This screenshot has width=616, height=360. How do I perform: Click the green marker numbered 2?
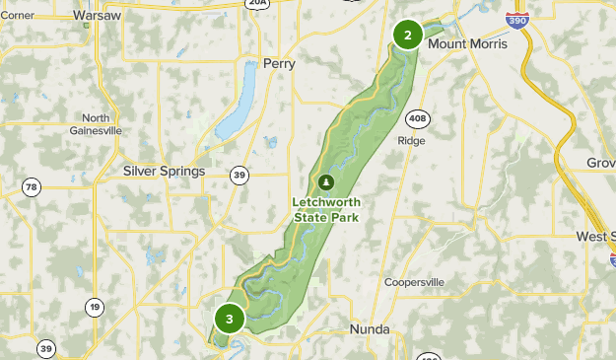click(x=407, y=35)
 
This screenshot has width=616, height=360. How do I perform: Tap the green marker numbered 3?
click(x=230, y=319)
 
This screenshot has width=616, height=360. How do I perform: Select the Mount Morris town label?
click(x=468, y=44)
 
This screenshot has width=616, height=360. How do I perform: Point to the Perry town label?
click(x=279, y=64)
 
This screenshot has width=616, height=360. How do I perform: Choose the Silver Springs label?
click(x=164, y=171)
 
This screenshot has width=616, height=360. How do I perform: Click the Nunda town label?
click(x=370, y=328)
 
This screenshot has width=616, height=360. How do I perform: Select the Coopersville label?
click(x=414, y=282)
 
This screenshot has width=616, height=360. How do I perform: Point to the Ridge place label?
click(x=411, y=140)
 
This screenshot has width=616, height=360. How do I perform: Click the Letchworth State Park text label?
click(x=325, y=210)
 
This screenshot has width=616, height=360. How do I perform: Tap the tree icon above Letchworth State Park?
click(x=325, y=182)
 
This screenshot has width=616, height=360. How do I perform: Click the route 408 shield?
click(x=419, y=116)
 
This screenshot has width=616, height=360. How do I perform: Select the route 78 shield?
click(x=33, y=187)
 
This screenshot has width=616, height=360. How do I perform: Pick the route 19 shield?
click(x=95, y=306)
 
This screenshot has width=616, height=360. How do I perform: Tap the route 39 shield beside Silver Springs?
click(x=240, y=175)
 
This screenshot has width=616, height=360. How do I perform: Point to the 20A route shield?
click(x=257, y=4)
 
